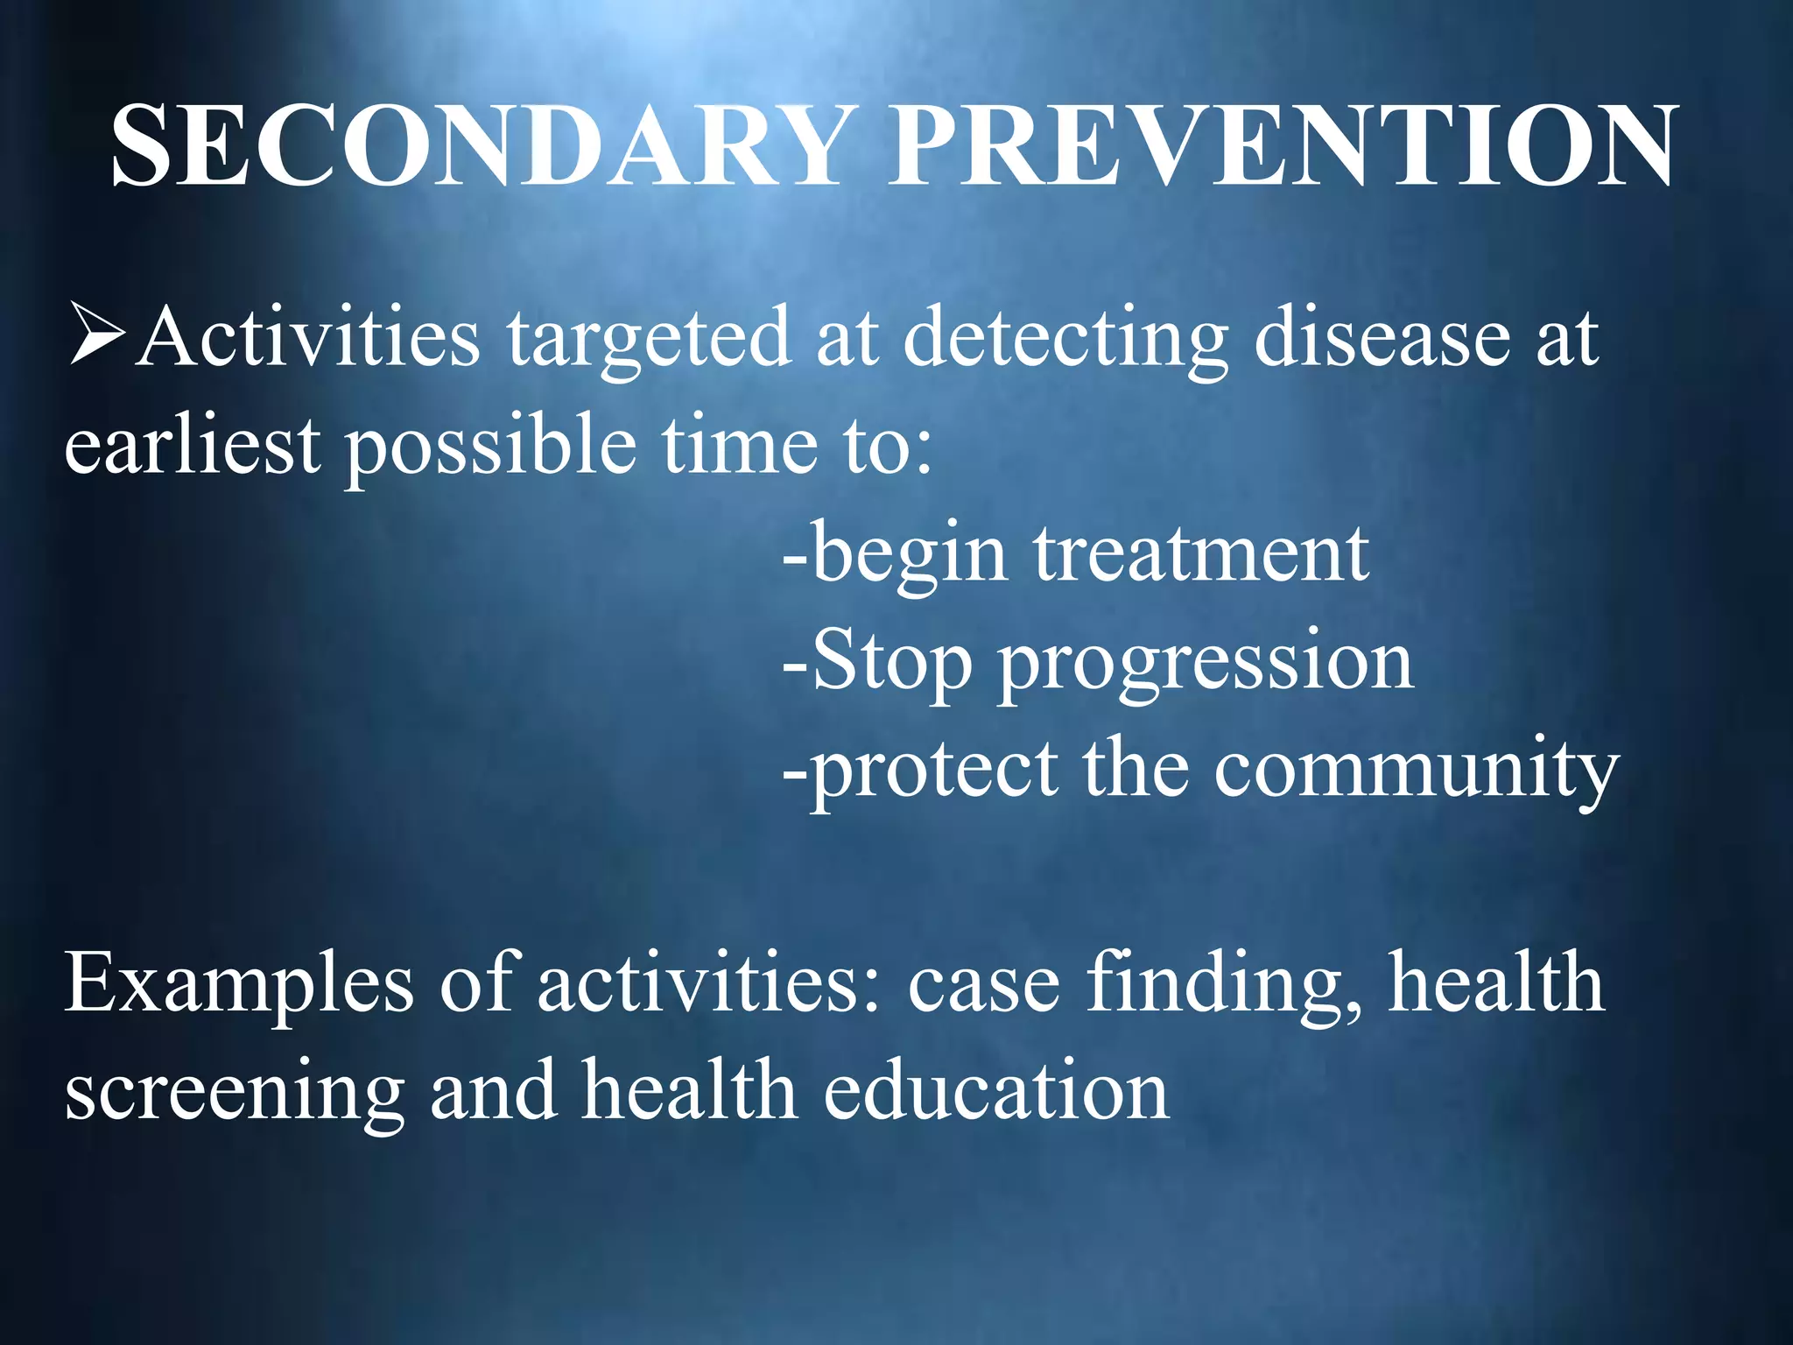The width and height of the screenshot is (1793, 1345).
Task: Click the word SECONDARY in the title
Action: [477, 146]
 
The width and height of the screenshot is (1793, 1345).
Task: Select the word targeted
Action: [650, 340]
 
